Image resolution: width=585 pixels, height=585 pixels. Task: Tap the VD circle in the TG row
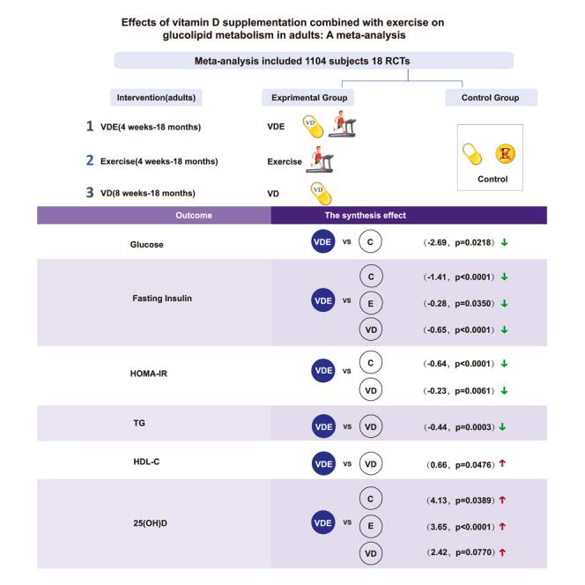point(371,427)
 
